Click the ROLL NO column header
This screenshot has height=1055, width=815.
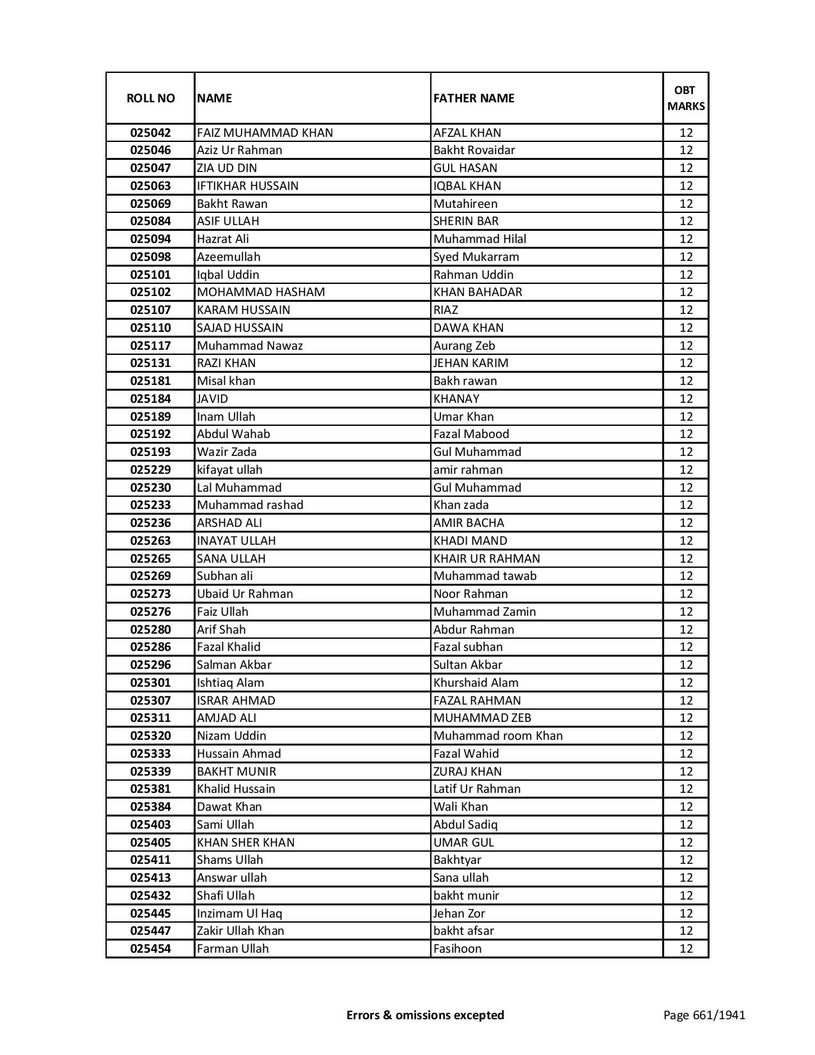[x=150, y=98]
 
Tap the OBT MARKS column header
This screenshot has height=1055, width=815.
[x=686, y=98]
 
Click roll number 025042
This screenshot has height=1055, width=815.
[x=150, y=133]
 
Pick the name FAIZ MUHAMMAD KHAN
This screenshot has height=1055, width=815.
[x=265, y=133]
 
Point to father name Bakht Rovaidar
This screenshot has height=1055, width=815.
[x=474, y=150]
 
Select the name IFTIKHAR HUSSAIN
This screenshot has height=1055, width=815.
[x=247, y=186]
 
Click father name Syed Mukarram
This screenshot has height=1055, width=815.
[x=476, y=257]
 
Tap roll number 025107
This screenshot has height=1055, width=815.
[x=150, y=310]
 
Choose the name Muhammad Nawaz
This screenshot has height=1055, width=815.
[x=250, y=346]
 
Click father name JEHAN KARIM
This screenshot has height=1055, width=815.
[x=470, y=363]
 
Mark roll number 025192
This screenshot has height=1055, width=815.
[x=150, y=434]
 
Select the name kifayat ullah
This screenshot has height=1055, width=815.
[x=229, y=470]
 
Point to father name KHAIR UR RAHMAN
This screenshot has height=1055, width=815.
[x=486, y=559]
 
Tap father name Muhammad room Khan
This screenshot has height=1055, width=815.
[x=498, y=736]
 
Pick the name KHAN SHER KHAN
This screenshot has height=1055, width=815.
[x=245, y=843]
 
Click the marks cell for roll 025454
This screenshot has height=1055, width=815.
[x=686, y=949]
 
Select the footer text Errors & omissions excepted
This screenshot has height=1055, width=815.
[x=425, y=1015]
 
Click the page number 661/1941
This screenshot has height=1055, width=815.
[x=704, y=1015]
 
